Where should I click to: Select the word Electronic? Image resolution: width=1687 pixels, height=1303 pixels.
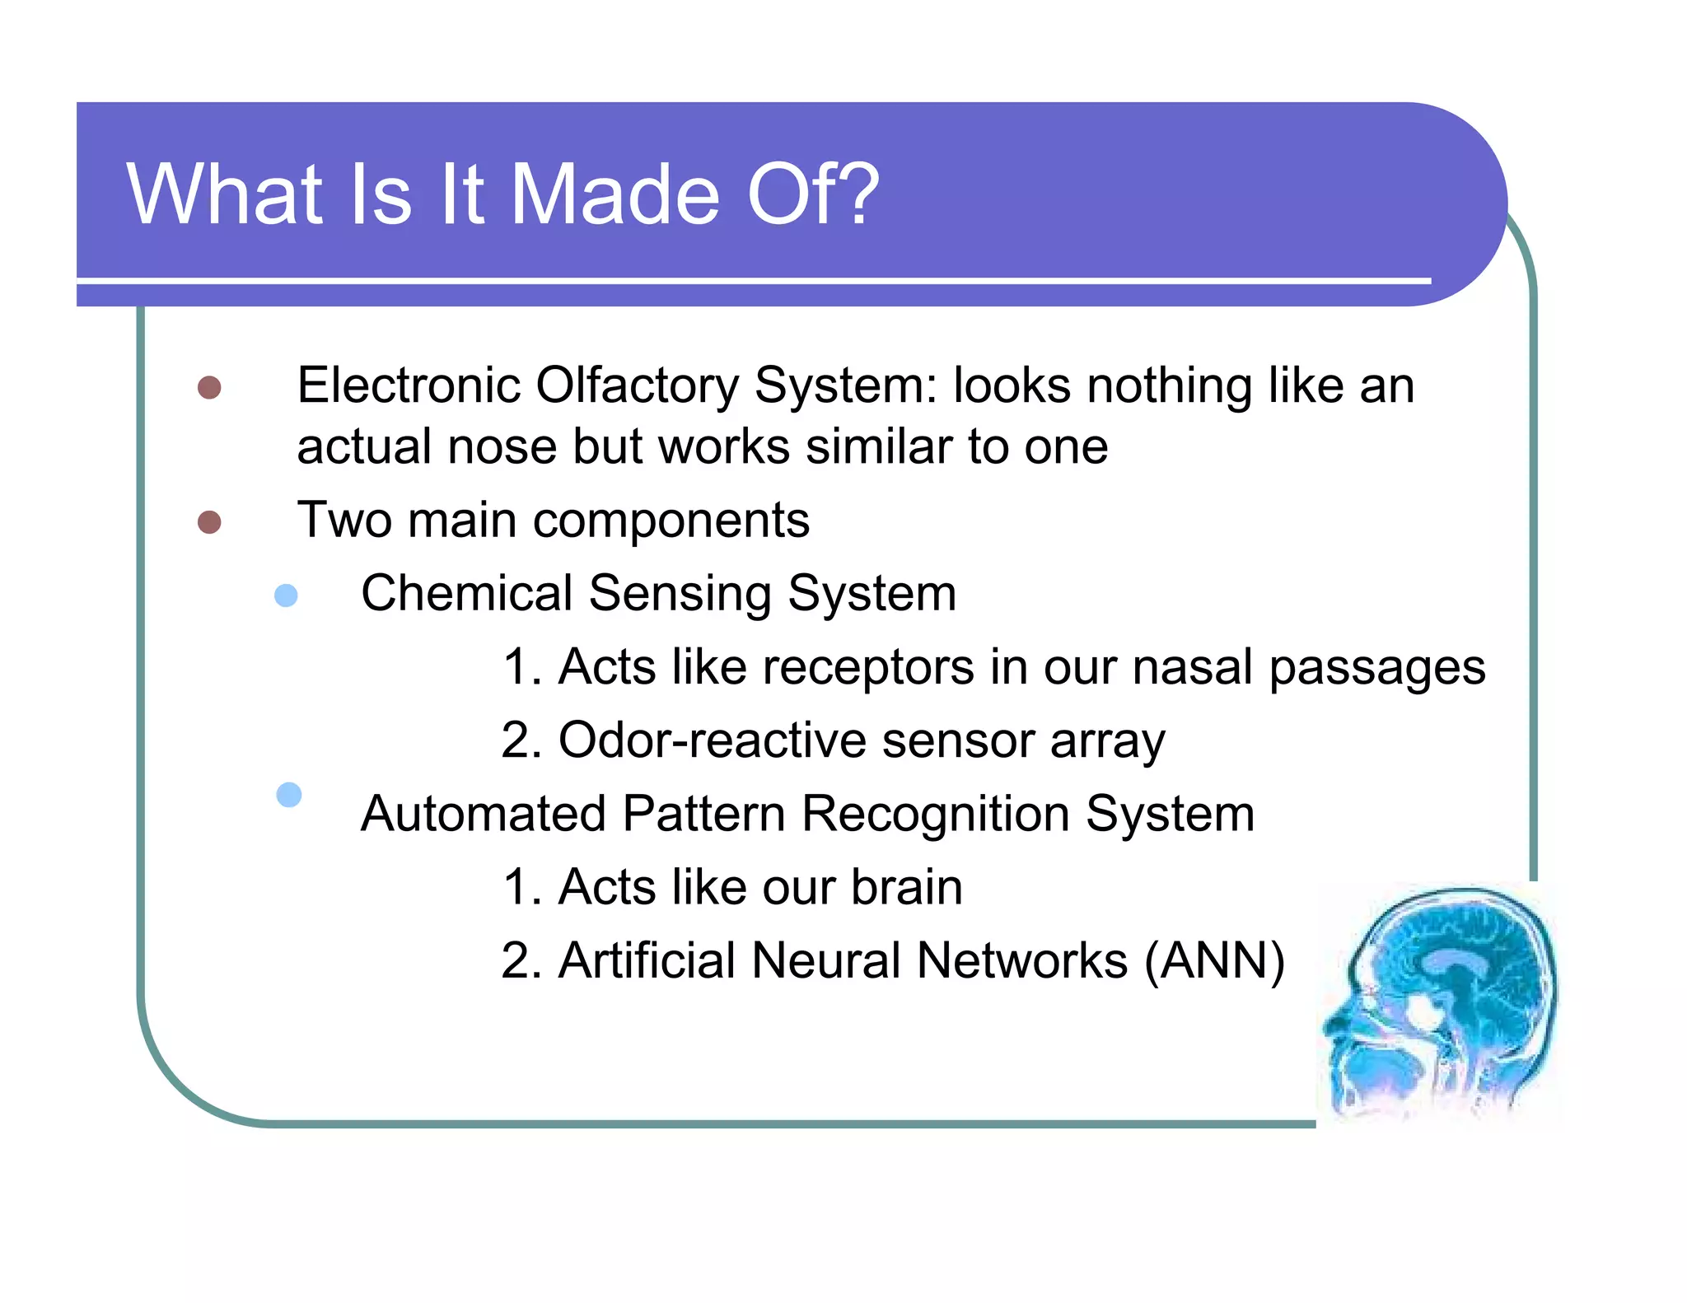[409, 385]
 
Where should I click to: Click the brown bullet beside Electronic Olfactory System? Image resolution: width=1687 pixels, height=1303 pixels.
[209, 388]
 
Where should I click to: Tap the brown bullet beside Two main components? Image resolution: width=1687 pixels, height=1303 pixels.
[209, 522]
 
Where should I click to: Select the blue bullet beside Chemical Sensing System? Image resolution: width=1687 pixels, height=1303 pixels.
[286, 595]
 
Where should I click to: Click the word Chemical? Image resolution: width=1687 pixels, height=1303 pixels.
[466, 593]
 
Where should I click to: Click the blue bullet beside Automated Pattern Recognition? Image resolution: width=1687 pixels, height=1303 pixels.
[289, 795]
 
